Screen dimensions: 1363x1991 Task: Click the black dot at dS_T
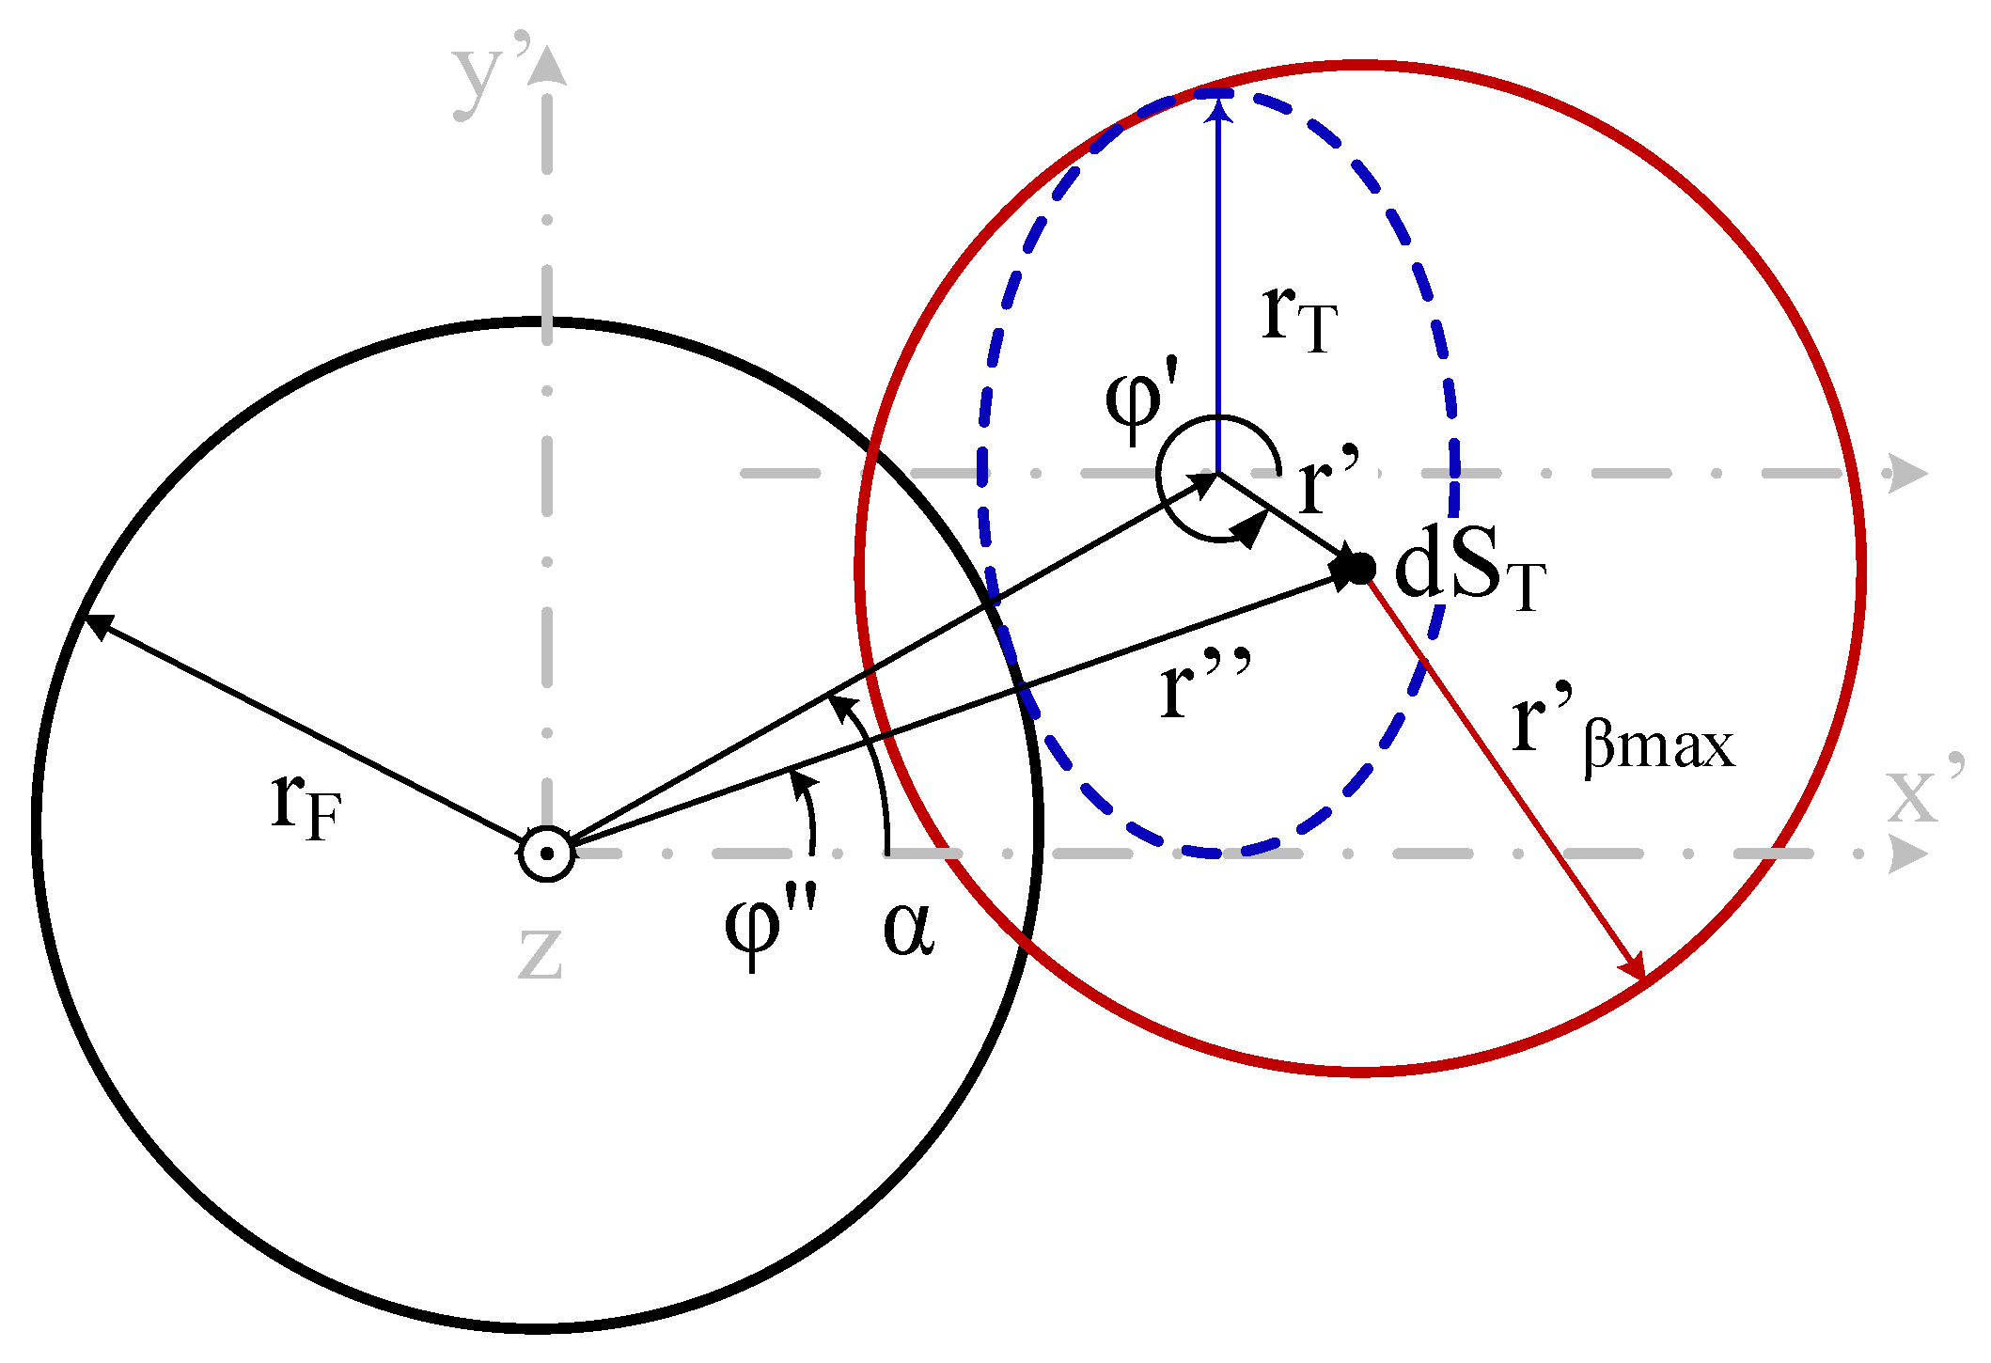pos(1359,568)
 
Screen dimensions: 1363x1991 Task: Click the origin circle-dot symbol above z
pos(546,854)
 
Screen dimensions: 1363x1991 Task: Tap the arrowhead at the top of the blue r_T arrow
pos(1218,108)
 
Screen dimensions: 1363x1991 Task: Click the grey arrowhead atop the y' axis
pos(547,66)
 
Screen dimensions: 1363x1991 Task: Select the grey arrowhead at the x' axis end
pos(1908,854)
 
